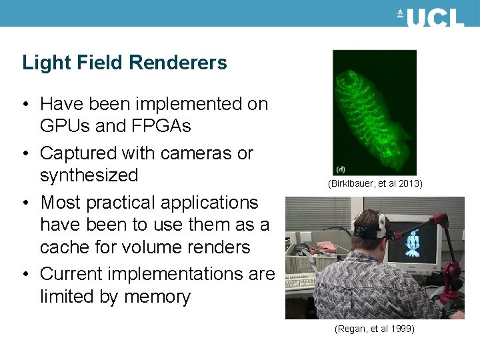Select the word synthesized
coord(89,175)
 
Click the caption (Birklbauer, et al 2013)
coord(375,183)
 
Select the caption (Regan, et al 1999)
coord(375,329)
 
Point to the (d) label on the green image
coord(341,169)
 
